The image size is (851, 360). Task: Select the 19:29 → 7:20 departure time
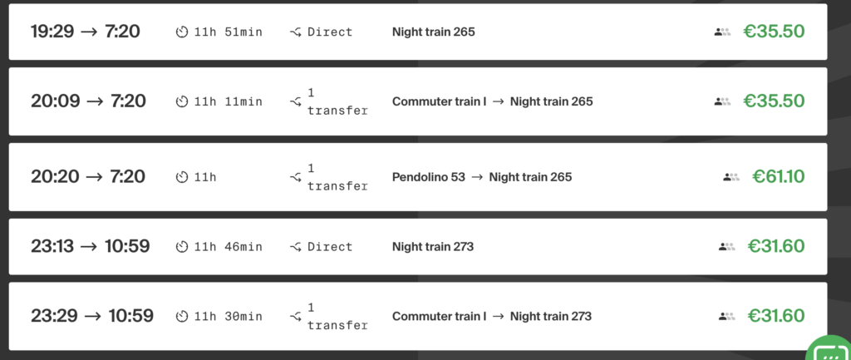[86, 32]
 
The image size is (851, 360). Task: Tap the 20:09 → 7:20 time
[88, 101]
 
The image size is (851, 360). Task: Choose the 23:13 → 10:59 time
[91, 246]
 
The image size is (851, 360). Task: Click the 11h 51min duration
[228, 32]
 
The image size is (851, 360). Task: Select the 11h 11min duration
[228, 101]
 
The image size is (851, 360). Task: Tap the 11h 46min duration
[228, 246]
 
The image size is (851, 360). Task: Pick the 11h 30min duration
[228, 316]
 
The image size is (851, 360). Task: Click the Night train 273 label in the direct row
[433, 246]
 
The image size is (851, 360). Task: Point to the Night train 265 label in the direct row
[433, 32]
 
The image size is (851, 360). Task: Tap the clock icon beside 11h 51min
[182, 32]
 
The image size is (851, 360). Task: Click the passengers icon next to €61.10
[730, 176]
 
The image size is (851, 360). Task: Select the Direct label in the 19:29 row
[329, 32]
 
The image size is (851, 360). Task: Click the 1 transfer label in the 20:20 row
[336, 176]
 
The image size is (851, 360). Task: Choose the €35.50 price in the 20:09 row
[774, 101]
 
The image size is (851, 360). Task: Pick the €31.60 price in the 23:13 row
[776, 246]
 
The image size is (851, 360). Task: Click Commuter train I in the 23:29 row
[439, 316]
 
